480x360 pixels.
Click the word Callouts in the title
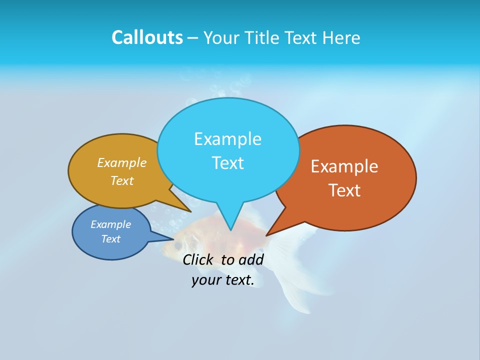click(147, 37)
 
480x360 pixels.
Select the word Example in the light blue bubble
click(227, 139)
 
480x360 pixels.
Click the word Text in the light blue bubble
click(227, 163)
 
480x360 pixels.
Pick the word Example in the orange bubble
click(344, 166)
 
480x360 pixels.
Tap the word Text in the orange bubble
click(344, 190)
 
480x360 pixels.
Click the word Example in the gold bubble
click(122, 163)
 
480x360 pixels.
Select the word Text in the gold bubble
click(122, 181)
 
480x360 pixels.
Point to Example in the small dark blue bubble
click(110, 224)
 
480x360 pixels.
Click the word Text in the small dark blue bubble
click(110, 239)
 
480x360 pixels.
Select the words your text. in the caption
click(223, 280)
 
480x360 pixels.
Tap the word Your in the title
click(220, 37)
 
